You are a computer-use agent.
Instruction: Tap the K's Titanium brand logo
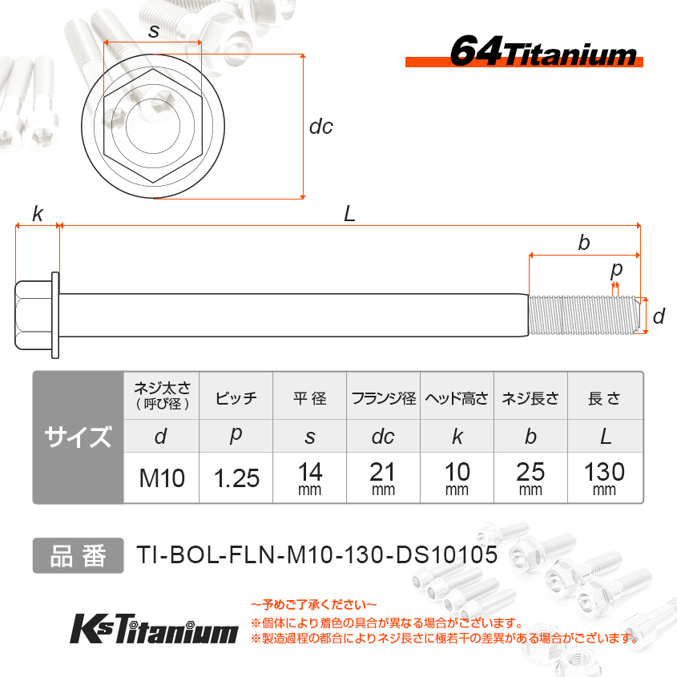pos(154,629)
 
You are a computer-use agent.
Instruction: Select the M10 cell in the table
pos(162,478)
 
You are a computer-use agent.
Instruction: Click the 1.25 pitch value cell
pos(236,478)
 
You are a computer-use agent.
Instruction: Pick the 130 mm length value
pos(604,478)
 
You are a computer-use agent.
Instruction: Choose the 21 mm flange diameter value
pos(383,478)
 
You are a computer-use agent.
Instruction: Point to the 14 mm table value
pos(309,478)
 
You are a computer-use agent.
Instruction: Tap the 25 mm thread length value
pos(530,478)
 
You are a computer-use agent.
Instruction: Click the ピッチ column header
pos(236,397)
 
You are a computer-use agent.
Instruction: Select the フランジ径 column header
pos(384,397)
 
